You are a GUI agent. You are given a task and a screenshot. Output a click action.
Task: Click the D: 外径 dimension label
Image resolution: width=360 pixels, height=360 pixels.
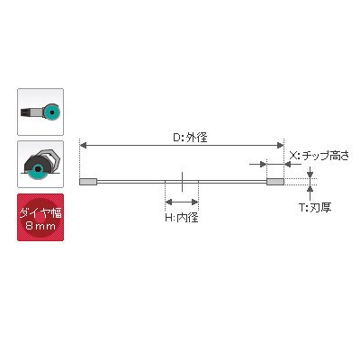coord(191,138)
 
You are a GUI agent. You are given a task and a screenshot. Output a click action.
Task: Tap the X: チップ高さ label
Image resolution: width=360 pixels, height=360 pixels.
coord(319,156)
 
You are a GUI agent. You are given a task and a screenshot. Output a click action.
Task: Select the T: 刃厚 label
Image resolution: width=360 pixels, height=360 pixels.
coord(315,208)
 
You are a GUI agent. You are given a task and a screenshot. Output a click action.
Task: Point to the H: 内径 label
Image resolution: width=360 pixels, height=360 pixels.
coord(182,218)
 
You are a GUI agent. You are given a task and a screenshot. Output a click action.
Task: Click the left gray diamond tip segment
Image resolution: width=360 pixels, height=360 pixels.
coord(88,182)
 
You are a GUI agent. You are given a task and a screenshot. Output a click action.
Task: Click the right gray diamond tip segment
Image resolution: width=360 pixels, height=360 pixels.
coord(275,182)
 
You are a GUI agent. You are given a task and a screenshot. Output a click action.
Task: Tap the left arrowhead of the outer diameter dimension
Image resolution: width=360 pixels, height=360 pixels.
coord(84,146)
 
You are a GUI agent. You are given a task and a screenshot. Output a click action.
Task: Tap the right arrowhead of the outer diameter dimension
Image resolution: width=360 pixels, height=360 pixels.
coord(280,146)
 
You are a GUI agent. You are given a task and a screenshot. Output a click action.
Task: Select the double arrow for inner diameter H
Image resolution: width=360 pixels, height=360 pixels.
coord(182,202)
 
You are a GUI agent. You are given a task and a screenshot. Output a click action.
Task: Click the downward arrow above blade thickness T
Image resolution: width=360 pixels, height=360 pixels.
coord(310,172)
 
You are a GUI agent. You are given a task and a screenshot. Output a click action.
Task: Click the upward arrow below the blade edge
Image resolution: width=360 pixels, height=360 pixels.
coord(310,193)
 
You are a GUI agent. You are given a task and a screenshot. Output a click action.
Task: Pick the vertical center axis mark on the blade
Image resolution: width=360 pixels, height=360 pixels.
coord(182,182)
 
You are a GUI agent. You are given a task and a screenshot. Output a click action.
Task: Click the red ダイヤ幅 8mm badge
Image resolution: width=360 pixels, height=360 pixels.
coord(40,217)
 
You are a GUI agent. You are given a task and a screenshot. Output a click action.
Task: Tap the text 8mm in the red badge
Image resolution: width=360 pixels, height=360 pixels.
coord(40,225)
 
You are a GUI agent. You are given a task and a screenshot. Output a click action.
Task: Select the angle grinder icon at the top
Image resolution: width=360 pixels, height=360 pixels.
coord(40,112)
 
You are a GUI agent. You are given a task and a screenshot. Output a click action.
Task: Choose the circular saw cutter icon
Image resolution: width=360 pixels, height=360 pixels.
coord(40,164)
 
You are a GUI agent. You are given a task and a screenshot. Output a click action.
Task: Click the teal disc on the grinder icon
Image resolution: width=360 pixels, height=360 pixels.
coord(52,112)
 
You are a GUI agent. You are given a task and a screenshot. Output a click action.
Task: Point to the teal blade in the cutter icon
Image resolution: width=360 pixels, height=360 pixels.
coord(38,170)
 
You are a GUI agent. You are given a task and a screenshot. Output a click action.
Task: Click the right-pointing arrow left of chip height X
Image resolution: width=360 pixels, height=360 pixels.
coord(258,165)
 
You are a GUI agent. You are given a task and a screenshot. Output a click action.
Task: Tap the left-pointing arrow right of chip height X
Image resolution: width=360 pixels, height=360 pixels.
coord(292,165)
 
